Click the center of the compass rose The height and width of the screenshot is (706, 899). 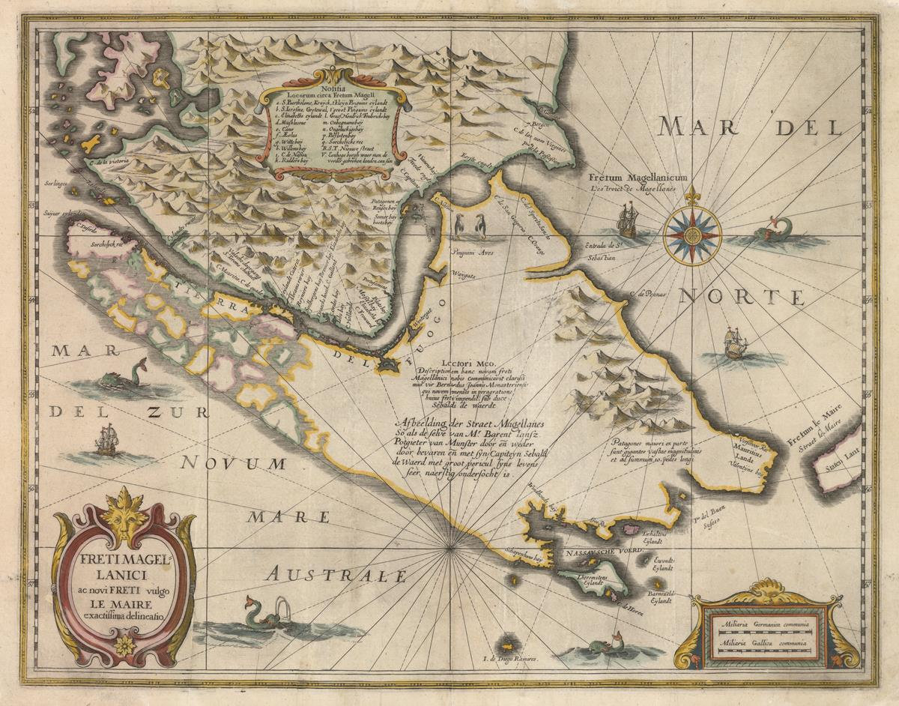click(691, 235)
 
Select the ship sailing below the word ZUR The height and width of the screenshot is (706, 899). click(106, 441)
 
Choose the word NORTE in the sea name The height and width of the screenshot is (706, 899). click(741, 298)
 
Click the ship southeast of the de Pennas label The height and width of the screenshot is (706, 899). click(735, 344)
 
